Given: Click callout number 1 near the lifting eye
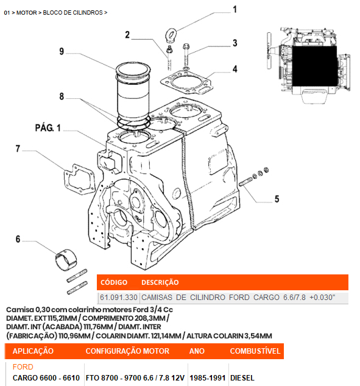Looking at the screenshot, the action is (x=235, y=10).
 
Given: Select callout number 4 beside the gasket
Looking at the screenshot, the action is (x=235, y=69).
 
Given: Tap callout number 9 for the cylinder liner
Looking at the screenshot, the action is (x=62, y=51).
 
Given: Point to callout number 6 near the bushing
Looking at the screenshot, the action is (x=18, y=239).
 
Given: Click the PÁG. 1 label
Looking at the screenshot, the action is (x=48, y=128).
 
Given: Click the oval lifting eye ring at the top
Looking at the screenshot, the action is (x=171, y=35).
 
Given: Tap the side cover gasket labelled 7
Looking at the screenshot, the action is (x=79, y=179).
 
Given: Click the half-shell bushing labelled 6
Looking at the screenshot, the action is (x=66, y=260).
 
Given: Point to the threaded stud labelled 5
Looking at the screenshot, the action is (x=246, y=182).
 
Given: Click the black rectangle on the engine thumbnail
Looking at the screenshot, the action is (x=314, y=66).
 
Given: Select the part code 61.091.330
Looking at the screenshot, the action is (x=119, y=298).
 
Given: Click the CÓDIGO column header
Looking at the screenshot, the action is (x=114, y=282).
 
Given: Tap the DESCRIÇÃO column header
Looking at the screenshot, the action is (x=160, y=282).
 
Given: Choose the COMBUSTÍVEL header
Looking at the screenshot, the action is (x=255, y=351).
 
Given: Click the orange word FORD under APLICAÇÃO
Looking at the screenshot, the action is (x=23, y=367).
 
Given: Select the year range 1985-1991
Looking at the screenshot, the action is (x=208, y=378).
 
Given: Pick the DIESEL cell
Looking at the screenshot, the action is (x=242, y=378).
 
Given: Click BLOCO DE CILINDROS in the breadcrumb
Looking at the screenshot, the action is (x=72, y=13).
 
